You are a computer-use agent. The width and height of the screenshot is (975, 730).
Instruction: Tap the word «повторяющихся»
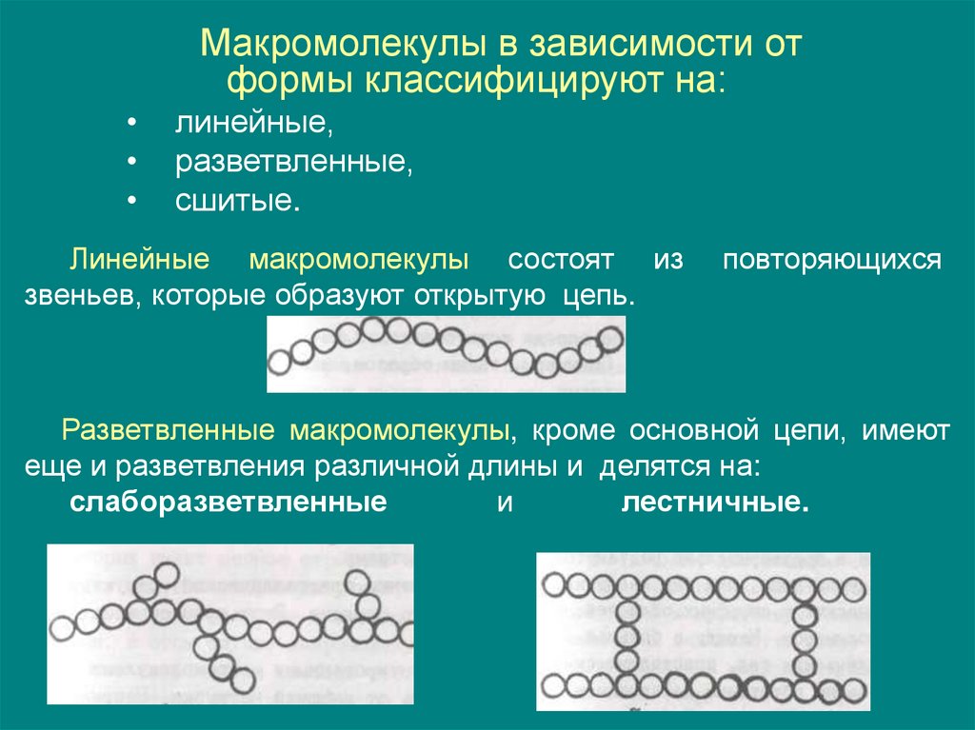click(831, 260)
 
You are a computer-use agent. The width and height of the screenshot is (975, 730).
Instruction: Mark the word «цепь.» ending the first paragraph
click(599, 295)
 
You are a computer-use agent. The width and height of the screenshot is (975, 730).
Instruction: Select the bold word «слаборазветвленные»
click(228, 503)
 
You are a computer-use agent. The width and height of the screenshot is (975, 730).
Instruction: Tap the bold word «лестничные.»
click(714, 503)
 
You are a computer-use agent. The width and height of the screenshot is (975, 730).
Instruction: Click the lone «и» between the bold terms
click(505, 504)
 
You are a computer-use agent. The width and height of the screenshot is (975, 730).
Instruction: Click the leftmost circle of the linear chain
click(280, 362)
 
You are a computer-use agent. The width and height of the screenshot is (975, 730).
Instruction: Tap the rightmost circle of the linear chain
click(612, 337)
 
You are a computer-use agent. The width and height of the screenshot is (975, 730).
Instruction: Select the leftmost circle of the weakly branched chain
click(62, 627)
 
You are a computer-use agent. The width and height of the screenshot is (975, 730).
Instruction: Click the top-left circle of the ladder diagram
click(554, 584)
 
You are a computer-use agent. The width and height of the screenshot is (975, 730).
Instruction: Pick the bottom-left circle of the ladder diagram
click(554, 685)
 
